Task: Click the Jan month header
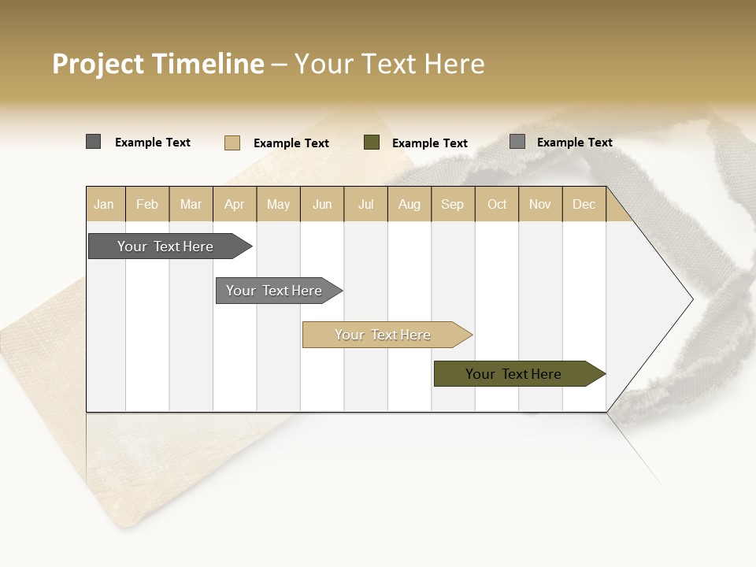[x=104, y=205]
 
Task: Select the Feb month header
[x=147, y=205]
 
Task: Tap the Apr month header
[x=234, y=205]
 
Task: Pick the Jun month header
[x=322, y=205]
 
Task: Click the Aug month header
[x=409, y=205]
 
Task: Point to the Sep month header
[x=452, y=205]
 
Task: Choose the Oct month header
[x=497, y=205]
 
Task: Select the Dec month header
[x=584, y=205]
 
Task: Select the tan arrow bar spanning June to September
[x=384, y=335]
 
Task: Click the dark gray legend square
[x=94, y=142]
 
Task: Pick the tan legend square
[x=232, y=143]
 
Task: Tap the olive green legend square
[x=372, y=143]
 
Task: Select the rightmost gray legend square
[x=517, y=142]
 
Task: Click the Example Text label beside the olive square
[x=429, y=143]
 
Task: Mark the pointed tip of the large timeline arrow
[x=691, y=299]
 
